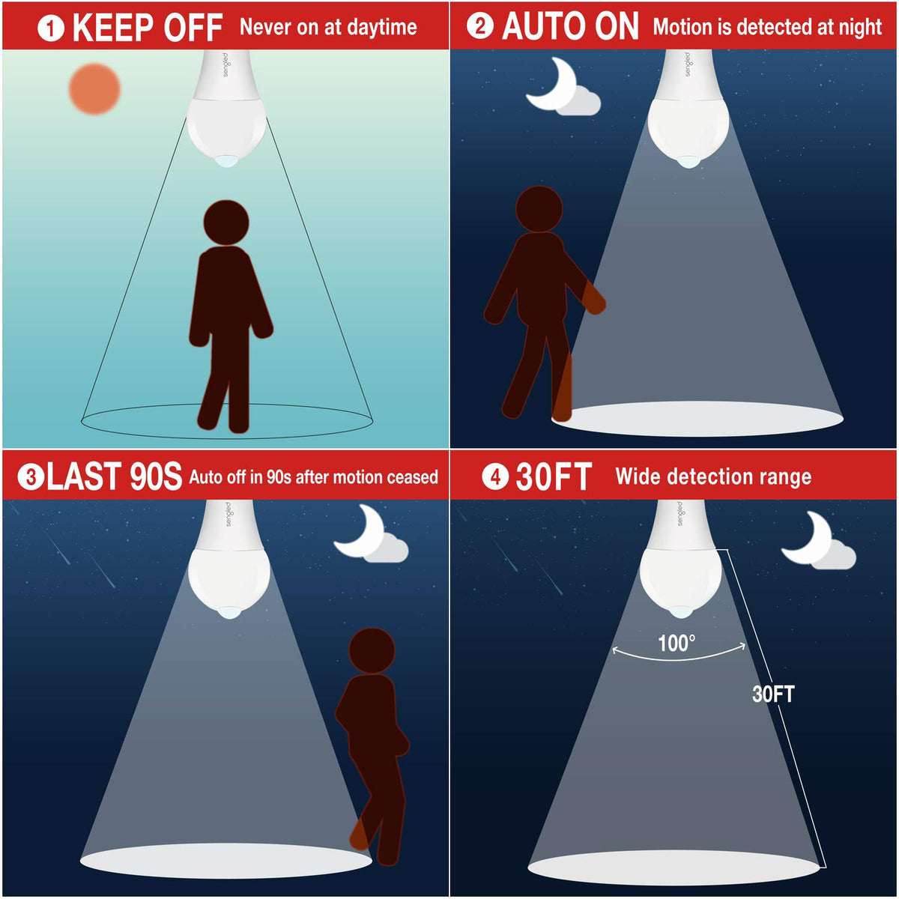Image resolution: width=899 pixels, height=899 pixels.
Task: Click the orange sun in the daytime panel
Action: coord(94,89)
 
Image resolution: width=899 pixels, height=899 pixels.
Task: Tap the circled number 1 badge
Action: coord(50,28)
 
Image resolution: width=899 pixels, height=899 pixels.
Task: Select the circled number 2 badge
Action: coord(479,26)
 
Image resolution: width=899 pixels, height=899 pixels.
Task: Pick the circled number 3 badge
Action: coord(31,477)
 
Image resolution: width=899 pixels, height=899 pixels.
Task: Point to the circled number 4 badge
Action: coord(495,476)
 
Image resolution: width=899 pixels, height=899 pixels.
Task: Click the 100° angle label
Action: coord(676,644)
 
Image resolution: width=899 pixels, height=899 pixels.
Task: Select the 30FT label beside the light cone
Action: coord(773,694)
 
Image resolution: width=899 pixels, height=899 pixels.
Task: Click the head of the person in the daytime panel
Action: coord(226,223)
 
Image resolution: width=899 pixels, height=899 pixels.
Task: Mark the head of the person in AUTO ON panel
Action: coord(539,209)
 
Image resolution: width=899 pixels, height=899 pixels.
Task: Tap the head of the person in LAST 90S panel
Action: coord(372,650)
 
